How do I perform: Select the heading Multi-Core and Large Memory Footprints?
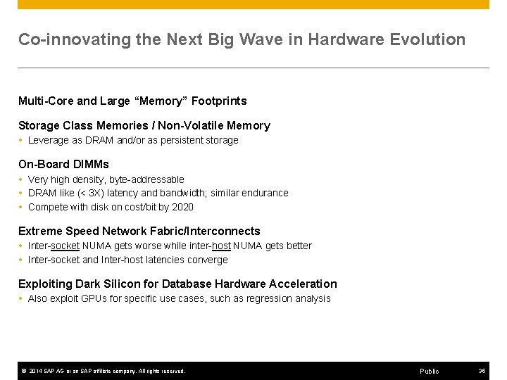132,101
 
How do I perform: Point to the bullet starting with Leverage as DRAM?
133,140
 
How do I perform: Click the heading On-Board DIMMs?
63,165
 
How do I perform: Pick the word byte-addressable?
149,179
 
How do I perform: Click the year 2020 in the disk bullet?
182,207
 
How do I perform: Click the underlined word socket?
65,246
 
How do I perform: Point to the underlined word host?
220,246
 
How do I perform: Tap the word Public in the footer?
429,371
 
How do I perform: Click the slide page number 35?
482,371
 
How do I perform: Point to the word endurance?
265,193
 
